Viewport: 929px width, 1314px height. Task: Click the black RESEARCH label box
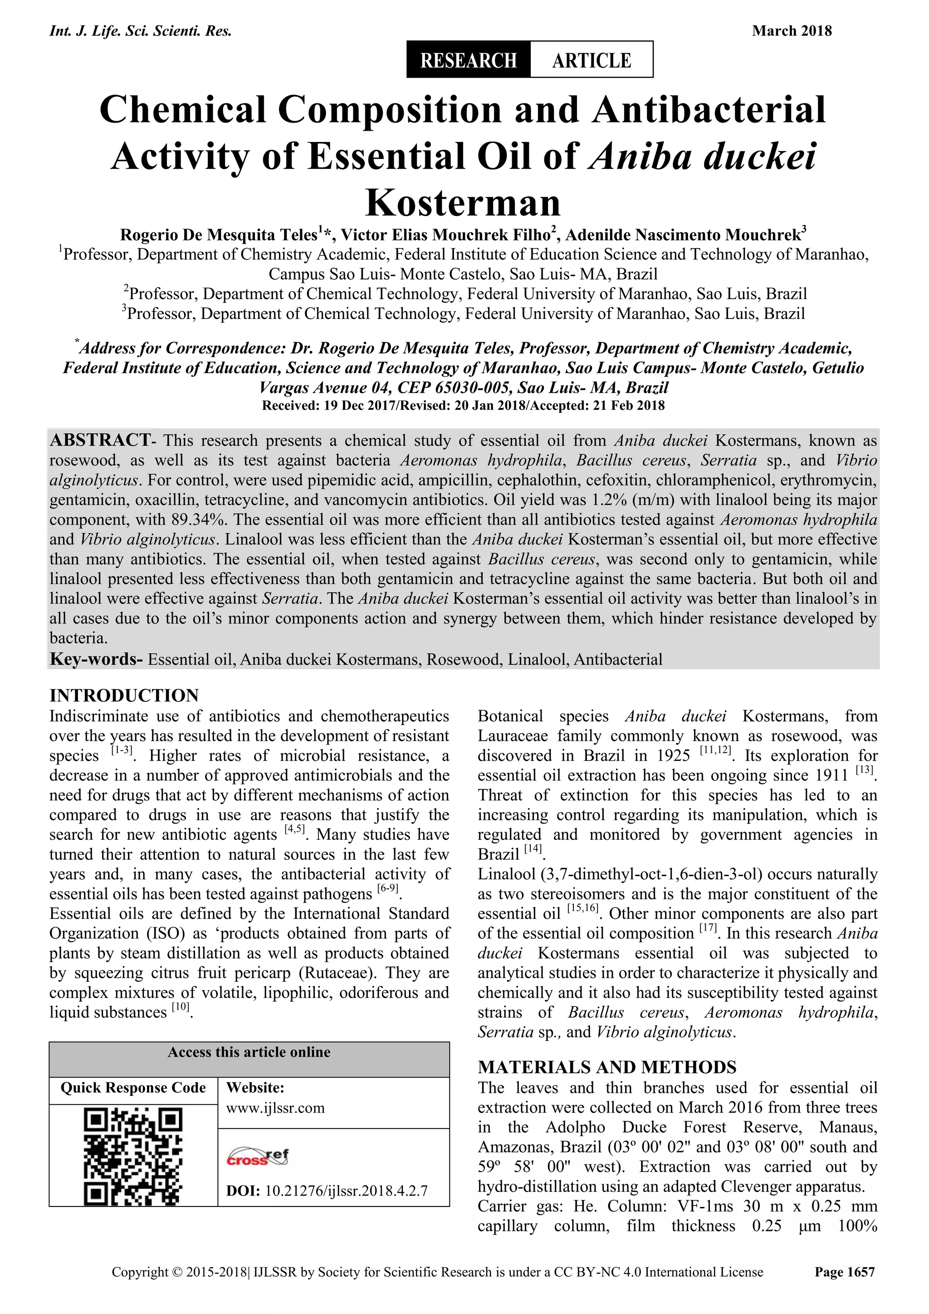pyautogui.click(x=469, y=59)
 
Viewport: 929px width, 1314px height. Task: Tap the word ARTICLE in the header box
pyautogui.click(x=591, y=59)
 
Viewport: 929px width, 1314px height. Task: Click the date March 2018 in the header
pyautogui.click(x=792, y=30)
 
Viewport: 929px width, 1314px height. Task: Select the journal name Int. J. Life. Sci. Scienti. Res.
pyautogui.click(x=141, y=30)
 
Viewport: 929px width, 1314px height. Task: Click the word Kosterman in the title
pyautogui.click(x=463, y=202)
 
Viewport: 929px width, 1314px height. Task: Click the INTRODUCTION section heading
pyautogui.click(x=124, y=696)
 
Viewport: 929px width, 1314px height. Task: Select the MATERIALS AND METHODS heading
pyautogui.click(x=607, y=1067)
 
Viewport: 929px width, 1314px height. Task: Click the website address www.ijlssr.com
pyautogui.click(x=276, y=1108)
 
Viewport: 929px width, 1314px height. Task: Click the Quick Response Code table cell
pyautogui.click(x=133, y=1088)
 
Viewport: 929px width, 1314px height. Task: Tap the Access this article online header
pyautogui.click(x=249, y=1052)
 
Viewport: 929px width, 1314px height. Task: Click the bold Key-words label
pyautogui.click(x=96, y=659)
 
